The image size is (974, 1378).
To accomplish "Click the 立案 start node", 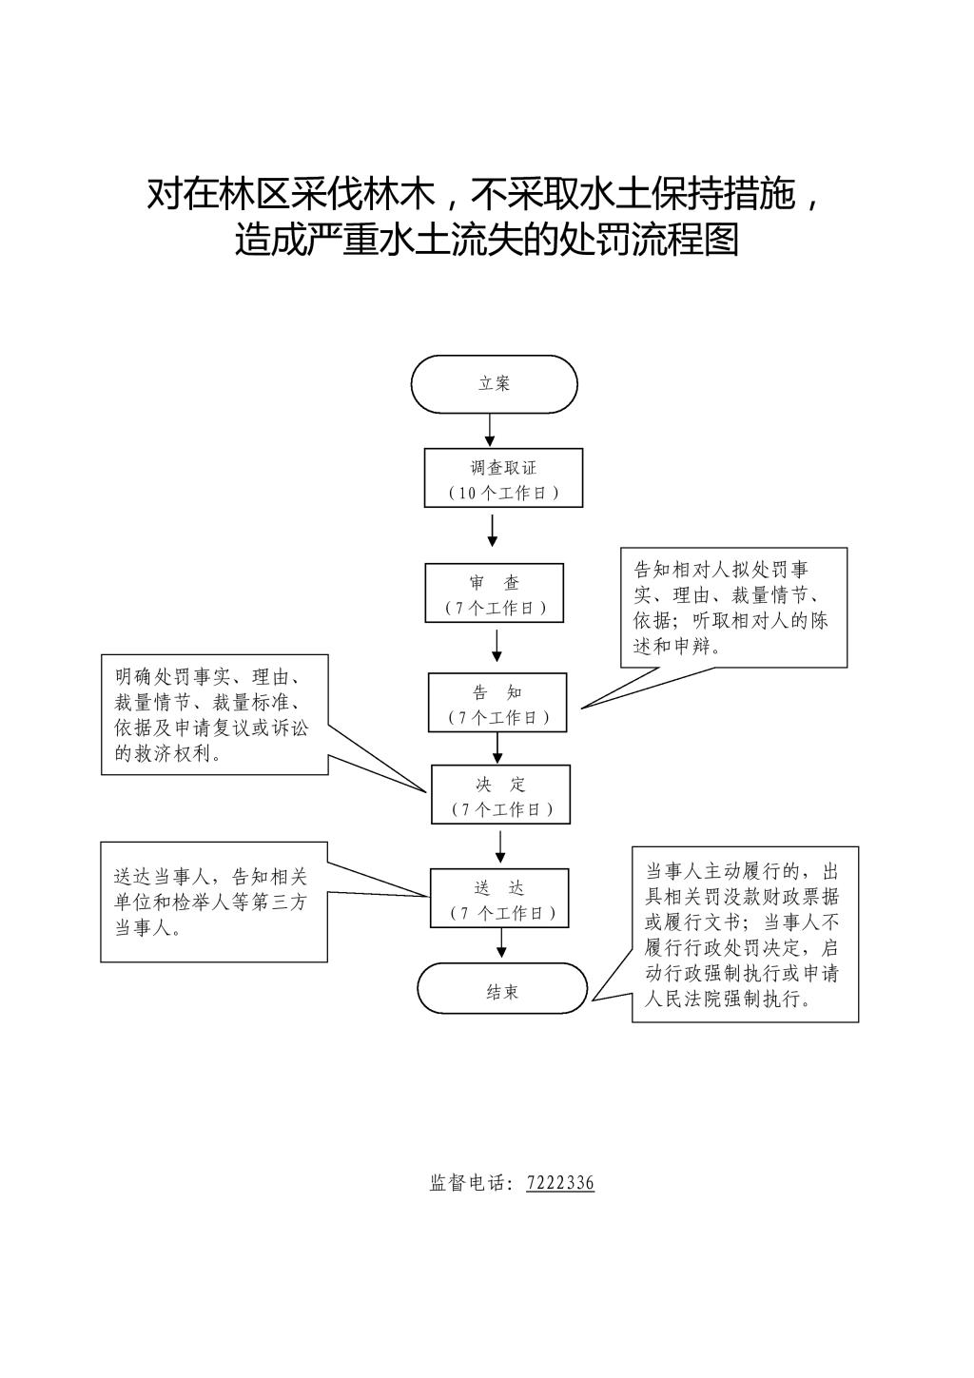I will tap(494, 384).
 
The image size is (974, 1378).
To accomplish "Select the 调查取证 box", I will tap(503, 478).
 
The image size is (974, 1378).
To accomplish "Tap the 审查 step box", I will tap(495, 593).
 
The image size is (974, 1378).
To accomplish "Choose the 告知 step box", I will tap(497, 703).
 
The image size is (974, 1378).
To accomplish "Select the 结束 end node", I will tap(502, 989).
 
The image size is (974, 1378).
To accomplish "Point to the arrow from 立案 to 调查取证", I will tap(490, 430).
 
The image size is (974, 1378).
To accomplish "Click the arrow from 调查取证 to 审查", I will tap(493, 531).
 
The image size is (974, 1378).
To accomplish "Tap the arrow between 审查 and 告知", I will tap(497, 647).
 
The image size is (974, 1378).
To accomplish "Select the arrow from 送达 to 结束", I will tap(501, 943).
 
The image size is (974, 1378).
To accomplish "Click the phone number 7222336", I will tap(560, 1183).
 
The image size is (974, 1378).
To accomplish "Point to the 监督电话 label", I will tap(471, 1183).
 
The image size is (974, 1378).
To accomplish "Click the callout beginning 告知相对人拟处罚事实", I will tap(732, 607).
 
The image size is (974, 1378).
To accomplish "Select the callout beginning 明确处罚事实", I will tap(214, 714).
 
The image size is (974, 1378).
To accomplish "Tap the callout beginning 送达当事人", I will tap(214, 902).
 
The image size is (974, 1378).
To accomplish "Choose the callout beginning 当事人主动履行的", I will tap(745, 934).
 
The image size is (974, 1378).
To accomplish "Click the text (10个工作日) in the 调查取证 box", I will tap(503, 493).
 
